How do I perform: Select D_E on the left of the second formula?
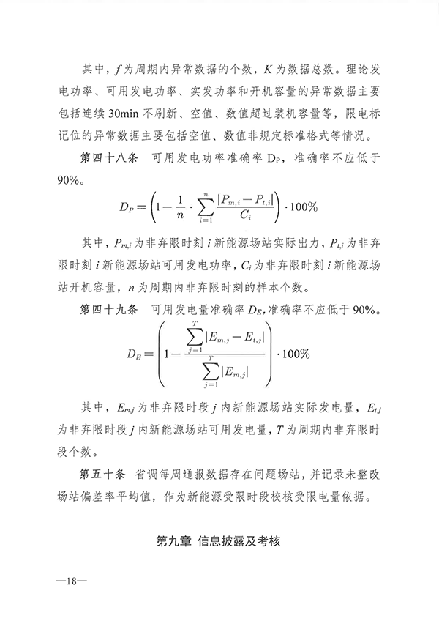coord(133,353)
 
